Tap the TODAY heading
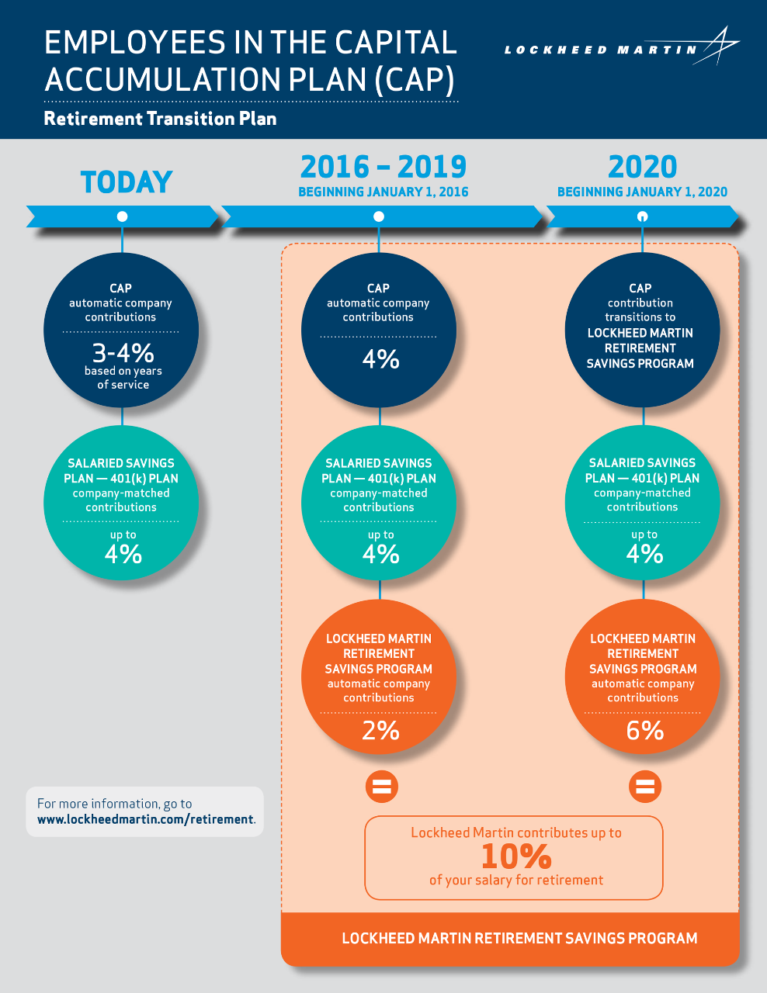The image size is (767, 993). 127,182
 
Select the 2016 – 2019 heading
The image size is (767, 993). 383,167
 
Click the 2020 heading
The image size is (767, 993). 642,167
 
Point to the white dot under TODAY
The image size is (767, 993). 122,216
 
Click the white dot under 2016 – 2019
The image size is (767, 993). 379,216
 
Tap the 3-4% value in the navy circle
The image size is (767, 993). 123,353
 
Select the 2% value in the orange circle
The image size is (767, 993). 380,731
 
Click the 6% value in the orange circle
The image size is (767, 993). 644,731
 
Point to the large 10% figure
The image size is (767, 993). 516,856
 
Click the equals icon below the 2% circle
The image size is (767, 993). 381,787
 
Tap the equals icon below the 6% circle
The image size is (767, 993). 645,787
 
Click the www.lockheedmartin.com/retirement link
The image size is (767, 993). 145,819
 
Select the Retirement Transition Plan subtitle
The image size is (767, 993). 160,119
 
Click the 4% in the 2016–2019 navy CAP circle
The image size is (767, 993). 380,359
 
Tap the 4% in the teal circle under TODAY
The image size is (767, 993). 123,554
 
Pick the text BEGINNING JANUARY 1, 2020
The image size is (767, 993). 642,192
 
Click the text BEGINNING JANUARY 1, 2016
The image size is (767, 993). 383,192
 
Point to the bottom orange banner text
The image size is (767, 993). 519,938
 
